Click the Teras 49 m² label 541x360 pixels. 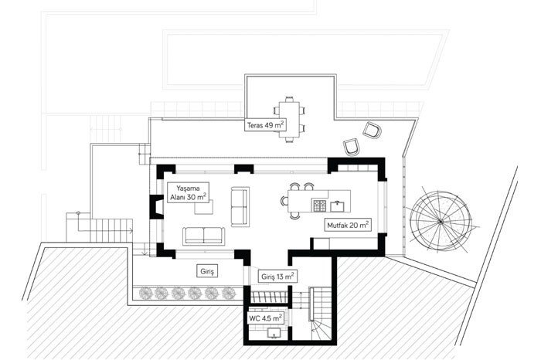266,125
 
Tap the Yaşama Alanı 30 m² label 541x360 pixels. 188,193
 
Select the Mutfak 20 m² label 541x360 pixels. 348,225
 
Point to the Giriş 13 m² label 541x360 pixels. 277,277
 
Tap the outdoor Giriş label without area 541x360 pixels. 207,271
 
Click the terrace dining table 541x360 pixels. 289,119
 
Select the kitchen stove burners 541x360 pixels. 319,205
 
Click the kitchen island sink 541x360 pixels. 338,206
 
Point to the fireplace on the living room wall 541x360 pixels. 157,207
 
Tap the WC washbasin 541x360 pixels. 274,333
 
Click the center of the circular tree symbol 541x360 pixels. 441,222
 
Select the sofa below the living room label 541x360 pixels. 203,236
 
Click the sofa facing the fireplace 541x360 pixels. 240,207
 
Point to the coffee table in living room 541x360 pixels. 203,207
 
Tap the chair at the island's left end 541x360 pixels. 284,201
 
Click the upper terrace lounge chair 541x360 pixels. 372,131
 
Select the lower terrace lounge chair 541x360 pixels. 352,147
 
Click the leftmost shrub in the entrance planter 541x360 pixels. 145,293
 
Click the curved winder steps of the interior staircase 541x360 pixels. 319,331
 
